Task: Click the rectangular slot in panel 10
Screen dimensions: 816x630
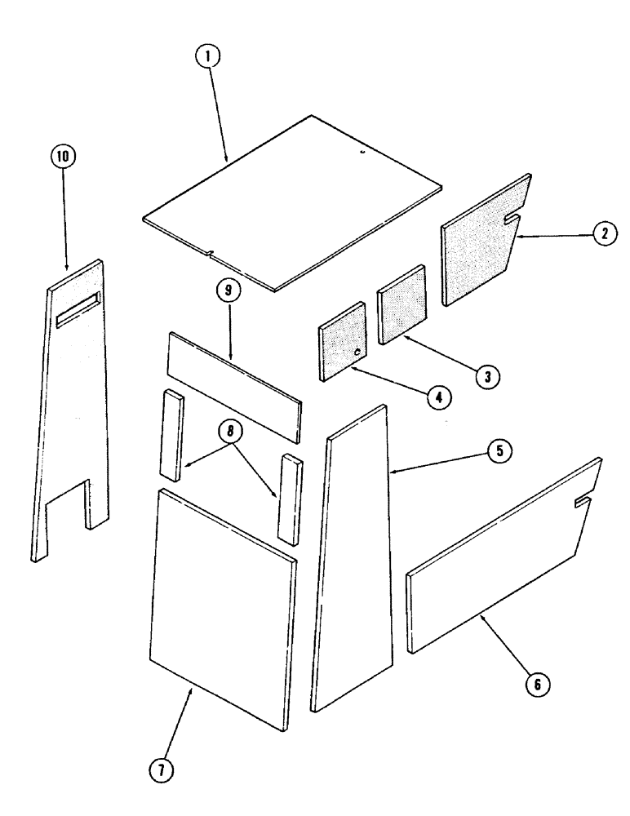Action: [77, 310]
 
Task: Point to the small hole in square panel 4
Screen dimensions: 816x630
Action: [358, 352]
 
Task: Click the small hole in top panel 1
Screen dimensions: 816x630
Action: [365, 149]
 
